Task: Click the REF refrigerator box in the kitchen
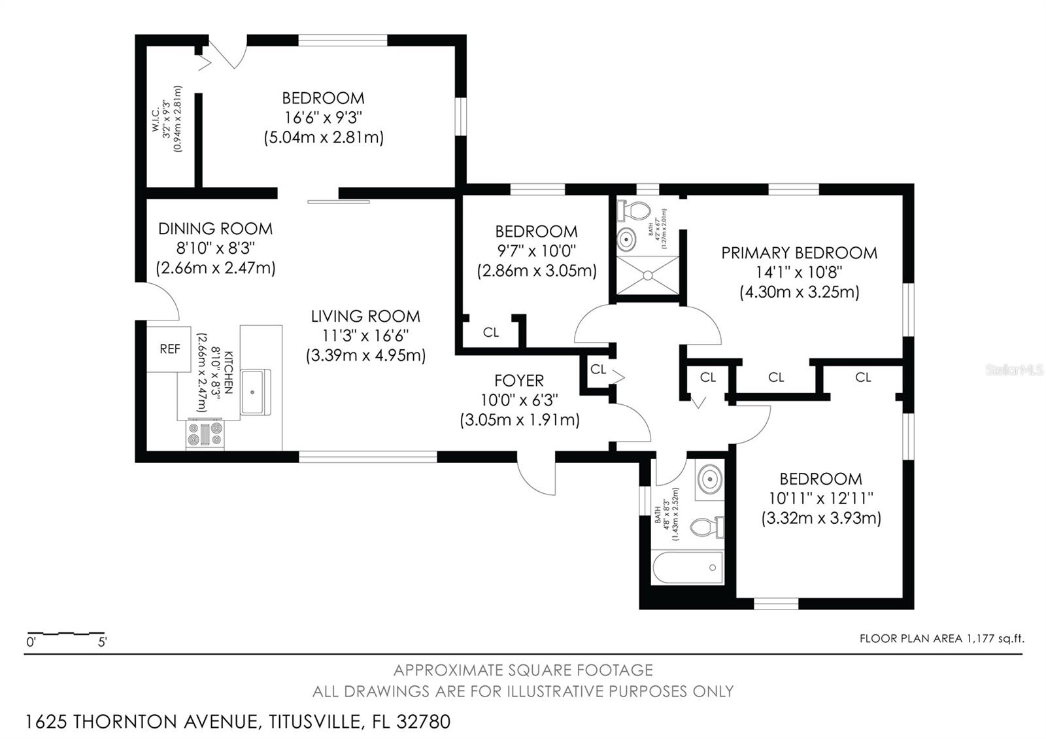click(x=169, y=349)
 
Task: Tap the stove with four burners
click(x=205, y=434)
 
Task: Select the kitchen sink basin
click(x=255, y=391)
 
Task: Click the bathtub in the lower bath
click(x=688, y=566)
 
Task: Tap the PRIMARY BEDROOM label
click(x=799, y=253)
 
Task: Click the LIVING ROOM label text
click(x=365, y=317)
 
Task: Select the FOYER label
click(x=519, y=381)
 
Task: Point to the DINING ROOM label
click(x=215, y=229)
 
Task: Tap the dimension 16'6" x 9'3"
click(x=323, y=118)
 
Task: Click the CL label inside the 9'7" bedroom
click(x=491, y=332)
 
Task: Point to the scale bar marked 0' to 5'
click(x=65, y=634)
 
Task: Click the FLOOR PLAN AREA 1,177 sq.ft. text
click(x=941, y=638)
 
